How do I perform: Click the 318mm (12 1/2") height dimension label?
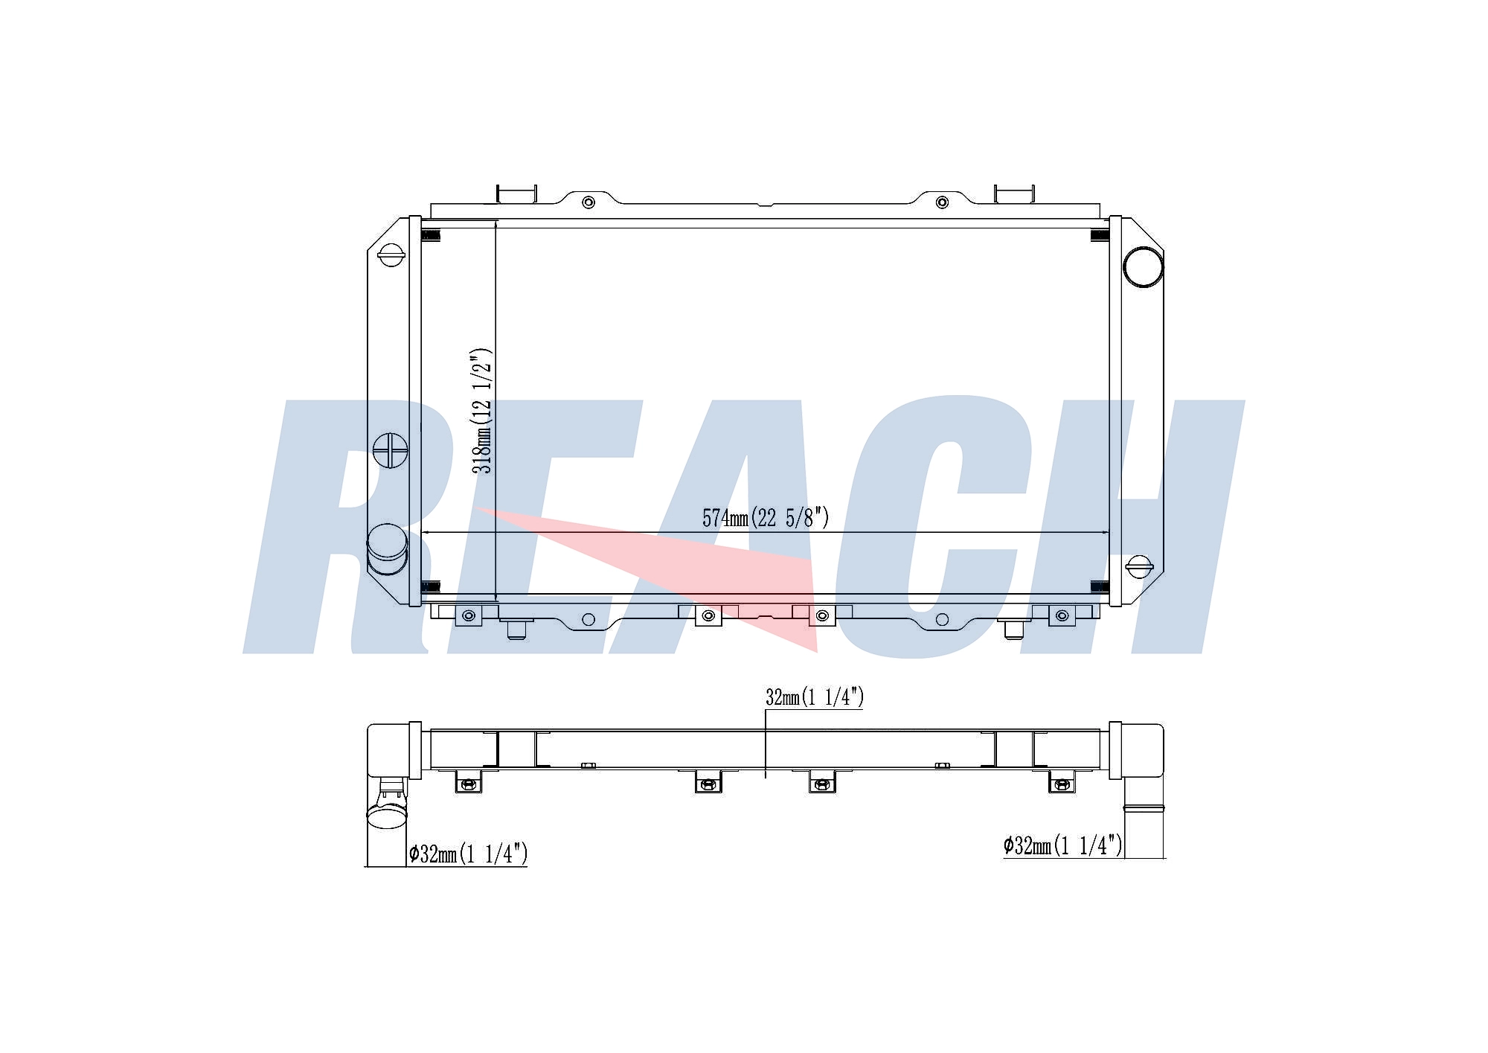click(x=482, y=411)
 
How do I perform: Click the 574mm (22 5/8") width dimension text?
click(x=766, y=517)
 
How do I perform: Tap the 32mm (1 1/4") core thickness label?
click(x=815, y=697)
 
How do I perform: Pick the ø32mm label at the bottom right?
click(x=1062, y=845)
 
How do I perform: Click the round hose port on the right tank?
click(x=1143, y=266)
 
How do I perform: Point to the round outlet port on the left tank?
click(x=388, y=549)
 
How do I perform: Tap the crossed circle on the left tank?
click(x=391, y=450)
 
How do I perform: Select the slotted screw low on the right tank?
click(x=1139, y=566)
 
